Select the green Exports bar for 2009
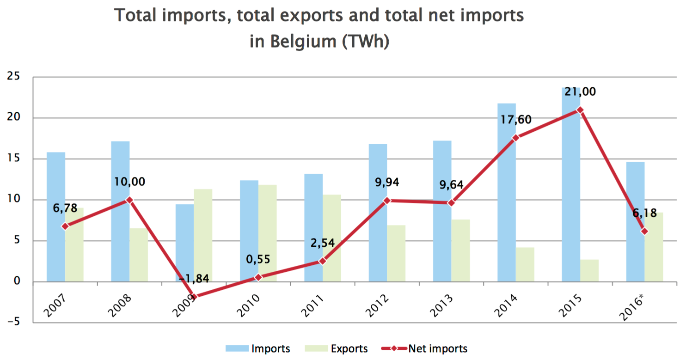[203, 235]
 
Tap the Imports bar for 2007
[56, 217]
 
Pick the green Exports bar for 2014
[525, 264]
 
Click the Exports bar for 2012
[396, 253]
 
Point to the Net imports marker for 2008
[129, 200]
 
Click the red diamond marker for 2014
[516, 138]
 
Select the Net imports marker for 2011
[323, 261]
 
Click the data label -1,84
[194, 278]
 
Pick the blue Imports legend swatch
[237, 348]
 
